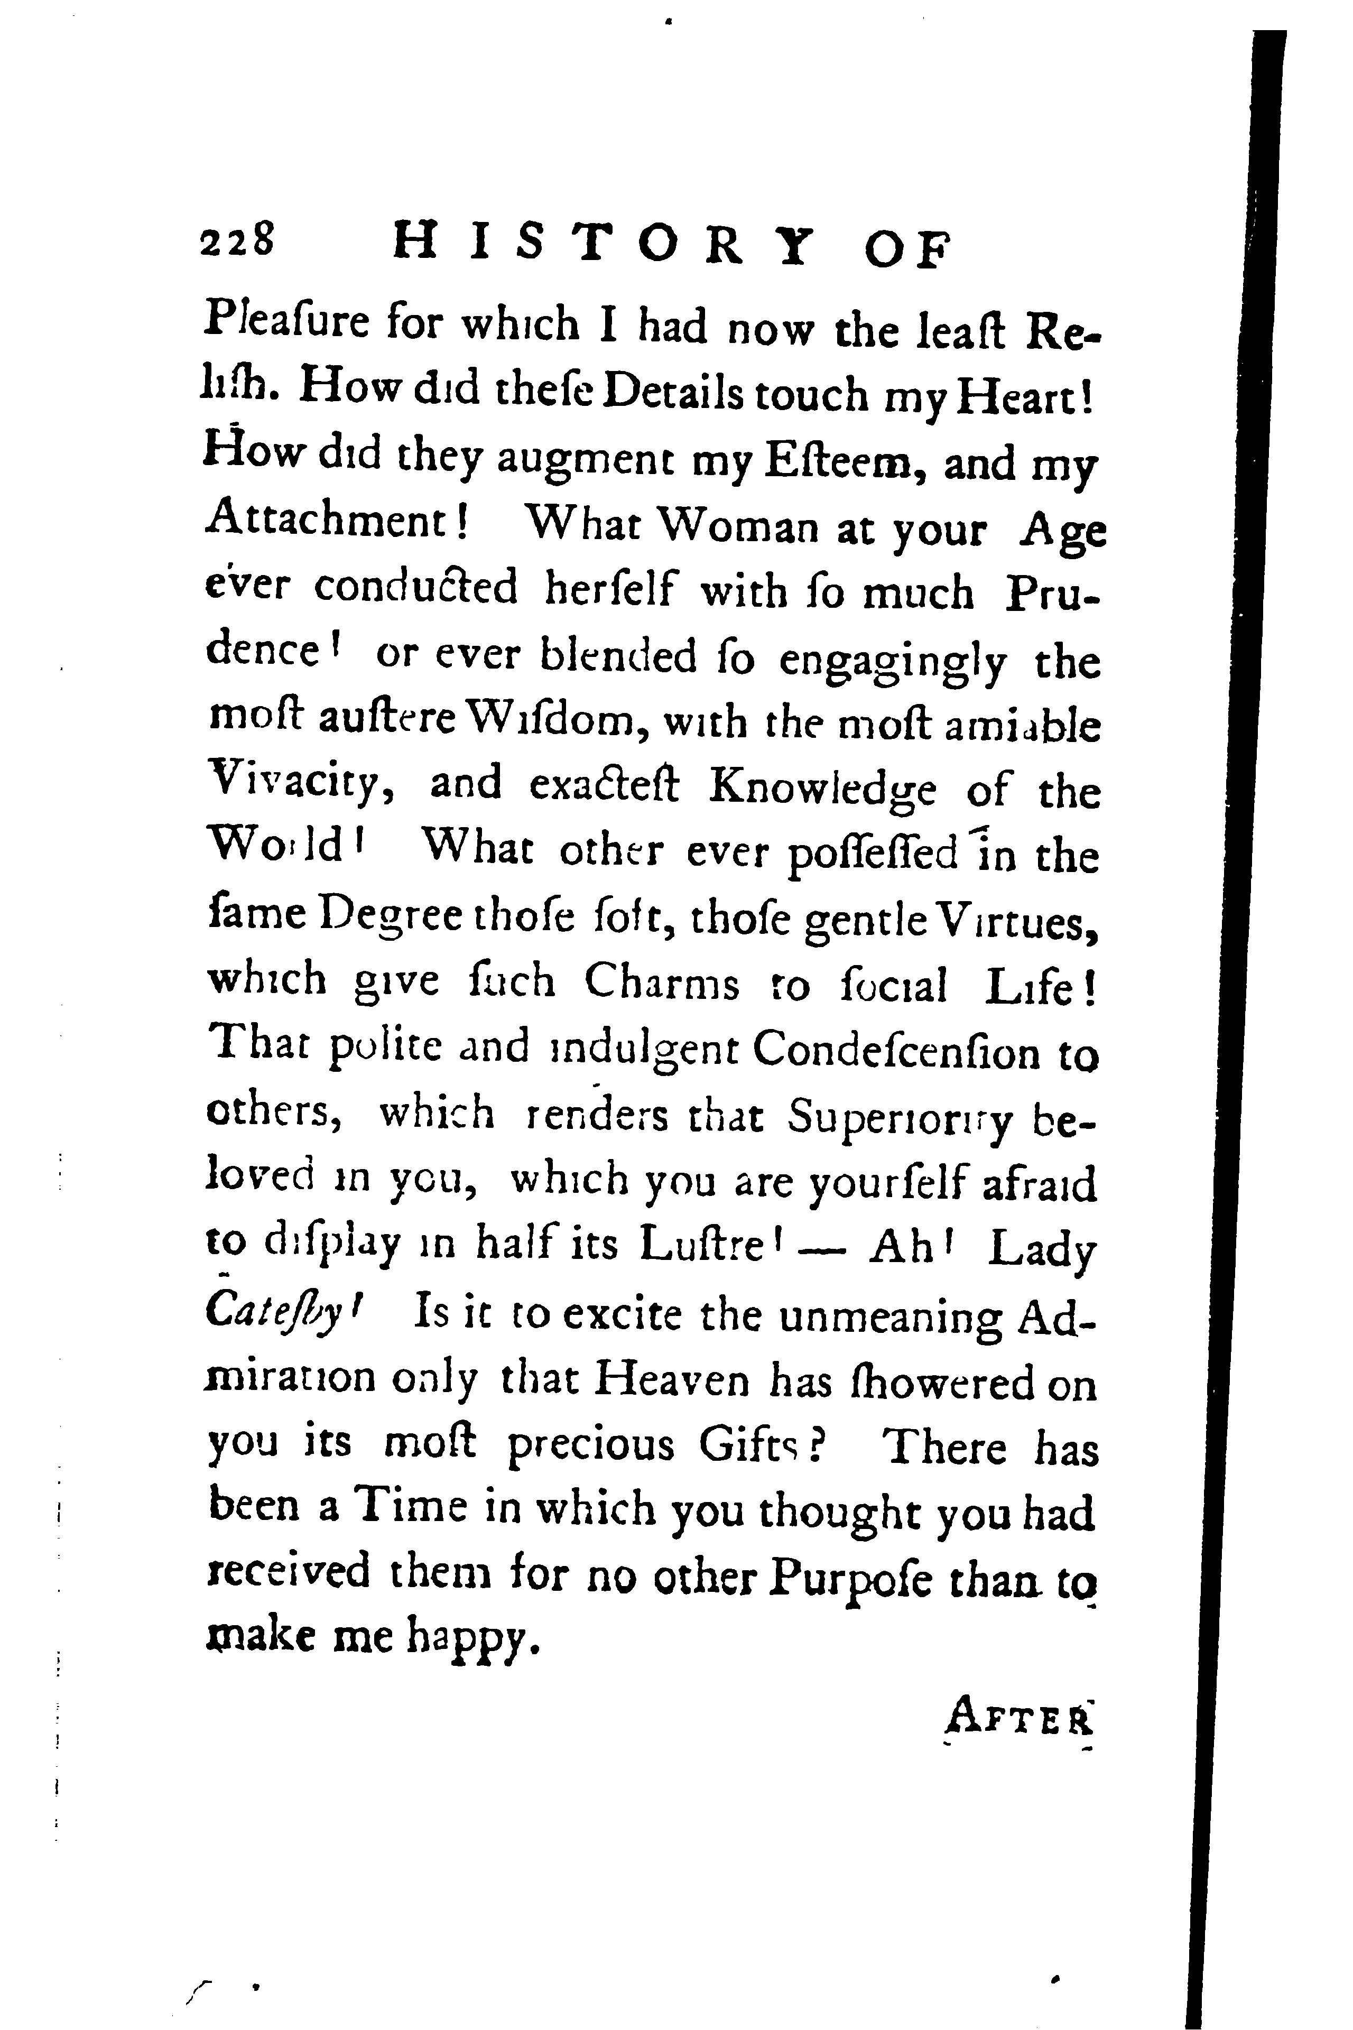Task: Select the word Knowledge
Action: (821, 787)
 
